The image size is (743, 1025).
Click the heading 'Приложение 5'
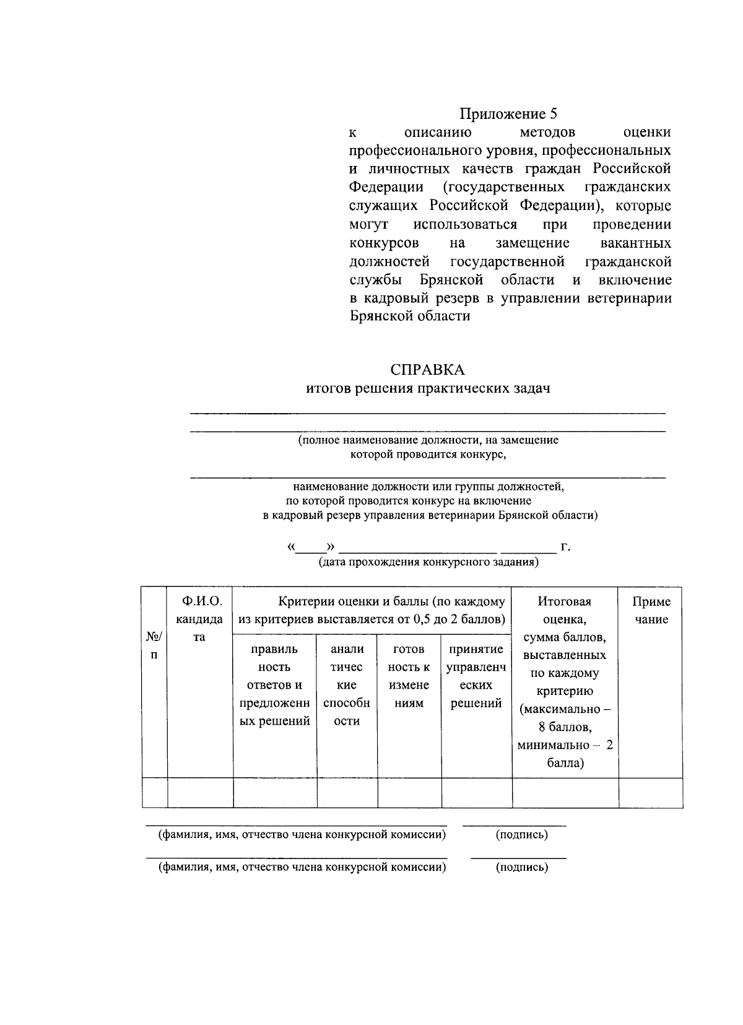(508, 114)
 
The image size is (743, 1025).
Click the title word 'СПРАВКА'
(427, 370)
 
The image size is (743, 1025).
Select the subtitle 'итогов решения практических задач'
(428, 388)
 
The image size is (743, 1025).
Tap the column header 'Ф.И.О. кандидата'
(199, 619)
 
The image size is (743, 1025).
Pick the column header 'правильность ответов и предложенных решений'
(275, 684)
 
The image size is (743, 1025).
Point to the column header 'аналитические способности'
(347, 684)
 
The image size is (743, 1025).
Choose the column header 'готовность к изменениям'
(409, 676)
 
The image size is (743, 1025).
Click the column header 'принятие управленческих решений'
(476, 676)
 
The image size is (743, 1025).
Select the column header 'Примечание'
(651, 610)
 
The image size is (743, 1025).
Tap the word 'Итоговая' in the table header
(564, 601)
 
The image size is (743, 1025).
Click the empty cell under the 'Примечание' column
(651, 793)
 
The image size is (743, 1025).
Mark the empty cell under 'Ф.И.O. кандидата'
(200, 793)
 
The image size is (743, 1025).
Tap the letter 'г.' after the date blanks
(565, 547)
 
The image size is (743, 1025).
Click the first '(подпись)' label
(521, 834)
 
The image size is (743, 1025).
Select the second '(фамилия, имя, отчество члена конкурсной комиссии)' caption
(302, 867)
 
